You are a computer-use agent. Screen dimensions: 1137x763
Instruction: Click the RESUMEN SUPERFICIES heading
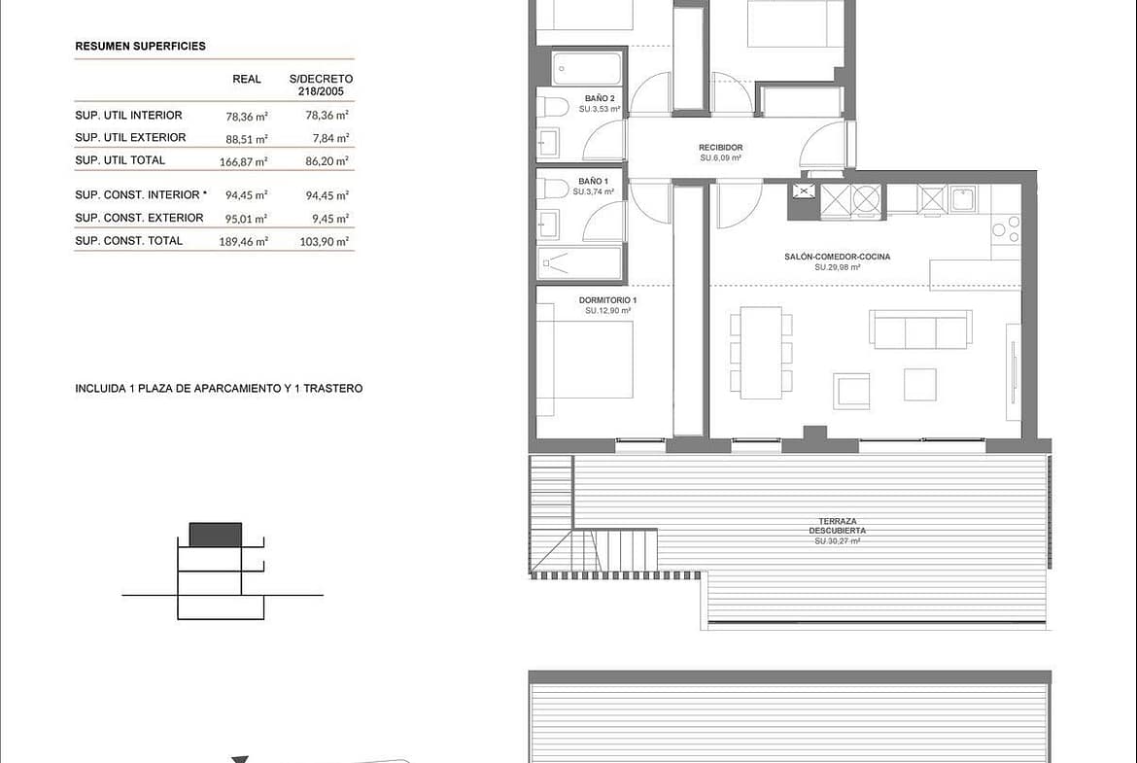pos(140,46)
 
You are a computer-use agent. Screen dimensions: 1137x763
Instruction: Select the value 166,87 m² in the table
pos(244,161)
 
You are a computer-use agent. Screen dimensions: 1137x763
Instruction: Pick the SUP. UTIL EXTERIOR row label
pos(130,137)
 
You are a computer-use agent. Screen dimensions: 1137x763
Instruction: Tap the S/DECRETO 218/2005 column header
pos(322,85)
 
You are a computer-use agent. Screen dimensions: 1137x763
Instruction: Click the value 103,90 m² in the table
pos(325,241)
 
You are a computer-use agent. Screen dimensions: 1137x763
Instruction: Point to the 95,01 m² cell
pos(247,218)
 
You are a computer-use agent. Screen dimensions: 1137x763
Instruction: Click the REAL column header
pos(247,79)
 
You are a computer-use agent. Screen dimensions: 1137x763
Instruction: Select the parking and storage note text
pos(219,388)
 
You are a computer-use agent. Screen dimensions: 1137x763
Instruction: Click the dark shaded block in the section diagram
pos(216,535)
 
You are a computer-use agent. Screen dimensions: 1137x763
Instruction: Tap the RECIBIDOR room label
pos(721,147)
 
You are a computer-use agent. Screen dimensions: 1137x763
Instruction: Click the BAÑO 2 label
pos(600,98)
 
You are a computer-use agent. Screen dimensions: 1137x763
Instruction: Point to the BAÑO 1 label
pos(593,182)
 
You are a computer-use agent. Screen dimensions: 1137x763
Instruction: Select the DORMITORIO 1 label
pos(607,300)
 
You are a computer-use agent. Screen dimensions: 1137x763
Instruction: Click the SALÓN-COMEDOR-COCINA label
pos(838,256)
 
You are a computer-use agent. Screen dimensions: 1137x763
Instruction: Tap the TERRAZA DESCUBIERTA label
pos(838,526)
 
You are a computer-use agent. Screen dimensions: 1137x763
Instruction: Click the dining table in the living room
pos(761,353)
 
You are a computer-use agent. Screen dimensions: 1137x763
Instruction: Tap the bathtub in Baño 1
pos(580,262)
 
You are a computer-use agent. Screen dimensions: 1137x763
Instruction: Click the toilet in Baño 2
pos(553,107)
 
